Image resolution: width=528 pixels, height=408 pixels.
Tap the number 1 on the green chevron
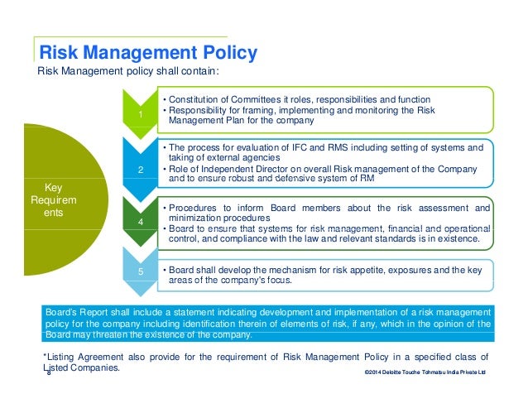tap(141, 114)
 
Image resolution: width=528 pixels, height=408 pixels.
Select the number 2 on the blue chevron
tap(141, 170)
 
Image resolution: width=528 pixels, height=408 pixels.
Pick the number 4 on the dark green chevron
tap(141, 223)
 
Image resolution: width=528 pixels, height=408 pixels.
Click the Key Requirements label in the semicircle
tap(53, 200)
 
